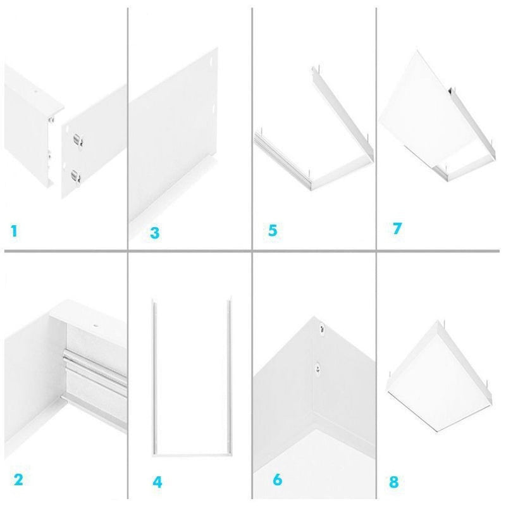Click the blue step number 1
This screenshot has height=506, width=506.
pos(14,231)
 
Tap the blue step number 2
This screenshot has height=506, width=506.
pos(18,479)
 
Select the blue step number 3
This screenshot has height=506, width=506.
pos(154,233)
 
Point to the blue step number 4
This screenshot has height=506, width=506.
pos(157,482)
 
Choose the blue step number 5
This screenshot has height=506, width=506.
pos(273,230)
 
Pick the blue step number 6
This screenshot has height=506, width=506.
pos(277,479)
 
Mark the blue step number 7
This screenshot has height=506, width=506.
pos(397,228)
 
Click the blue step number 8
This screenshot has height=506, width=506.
pos(394,482)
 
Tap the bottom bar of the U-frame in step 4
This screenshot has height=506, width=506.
pos(190,453)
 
